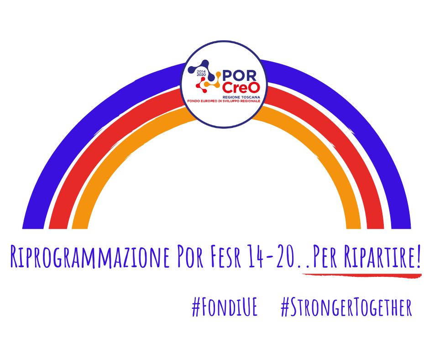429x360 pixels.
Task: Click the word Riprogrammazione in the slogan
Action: (90, 256)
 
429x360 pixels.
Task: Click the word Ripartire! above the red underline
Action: (382, 256)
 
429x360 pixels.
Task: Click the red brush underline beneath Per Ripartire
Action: (362, 275)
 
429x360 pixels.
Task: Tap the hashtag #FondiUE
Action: (225, 307)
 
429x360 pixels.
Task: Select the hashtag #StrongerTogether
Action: (346, 307)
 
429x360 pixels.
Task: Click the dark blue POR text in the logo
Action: (240, 76)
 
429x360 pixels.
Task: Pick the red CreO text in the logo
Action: (241, 88)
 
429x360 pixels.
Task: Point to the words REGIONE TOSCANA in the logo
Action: (241, 97)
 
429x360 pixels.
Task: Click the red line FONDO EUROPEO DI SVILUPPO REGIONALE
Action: (224, 101)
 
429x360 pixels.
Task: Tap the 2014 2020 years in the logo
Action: (201, 73)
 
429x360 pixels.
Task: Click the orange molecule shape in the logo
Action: (214, 81)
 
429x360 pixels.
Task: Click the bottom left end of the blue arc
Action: (33, 228)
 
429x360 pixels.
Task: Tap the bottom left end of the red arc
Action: (58, 228)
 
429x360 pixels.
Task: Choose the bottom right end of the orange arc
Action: (354, 228)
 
